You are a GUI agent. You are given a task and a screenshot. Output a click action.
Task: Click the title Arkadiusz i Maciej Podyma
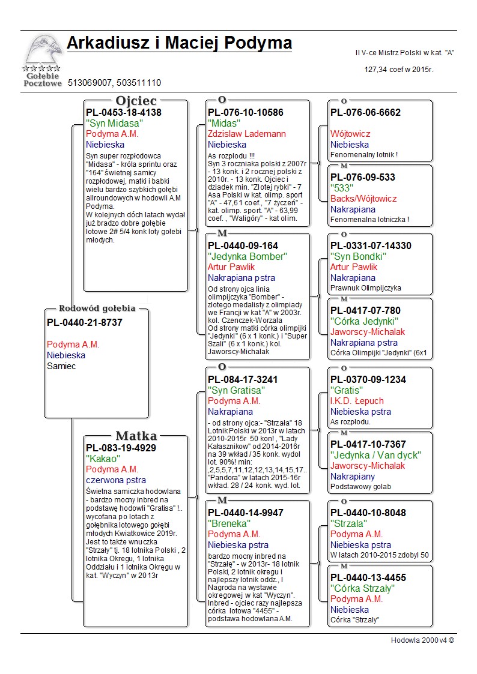[x=179, y=43]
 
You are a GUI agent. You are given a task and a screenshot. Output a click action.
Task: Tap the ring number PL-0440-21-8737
[x=85, y=323]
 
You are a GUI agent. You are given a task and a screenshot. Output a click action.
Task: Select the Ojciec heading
[x=136, y=101]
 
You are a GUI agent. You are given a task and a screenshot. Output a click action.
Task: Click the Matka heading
[x=136, y=436]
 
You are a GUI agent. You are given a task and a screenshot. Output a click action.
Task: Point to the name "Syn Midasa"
[x=114, y=123]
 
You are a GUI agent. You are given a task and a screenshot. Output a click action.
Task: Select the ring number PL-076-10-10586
[x=246, y=112]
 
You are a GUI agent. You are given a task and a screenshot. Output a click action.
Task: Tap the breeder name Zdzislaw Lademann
[x=247, y=134]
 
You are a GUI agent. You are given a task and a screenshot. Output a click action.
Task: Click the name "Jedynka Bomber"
[x=248, y=256]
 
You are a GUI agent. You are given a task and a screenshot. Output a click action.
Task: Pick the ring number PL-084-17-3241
[x=243, y=379]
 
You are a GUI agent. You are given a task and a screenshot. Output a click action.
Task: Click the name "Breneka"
[x=229, y=523]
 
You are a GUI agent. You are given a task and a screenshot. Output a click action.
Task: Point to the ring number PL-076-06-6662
[x=365, y=112]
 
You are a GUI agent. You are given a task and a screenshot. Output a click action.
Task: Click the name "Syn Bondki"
[x=358, y=256]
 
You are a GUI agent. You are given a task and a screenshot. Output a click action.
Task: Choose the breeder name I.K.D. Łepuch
[x=357, y=401]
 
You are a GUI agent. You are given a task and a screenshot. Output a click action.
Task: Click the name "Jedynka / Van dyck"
[x=376, y=455]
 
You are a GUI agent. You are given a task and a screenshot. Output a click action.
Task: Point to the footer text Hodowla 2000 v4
[x=422, y=640]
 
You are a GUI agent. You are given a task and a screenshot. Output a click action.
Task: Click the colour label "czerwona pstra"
[x=116, y=480]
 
